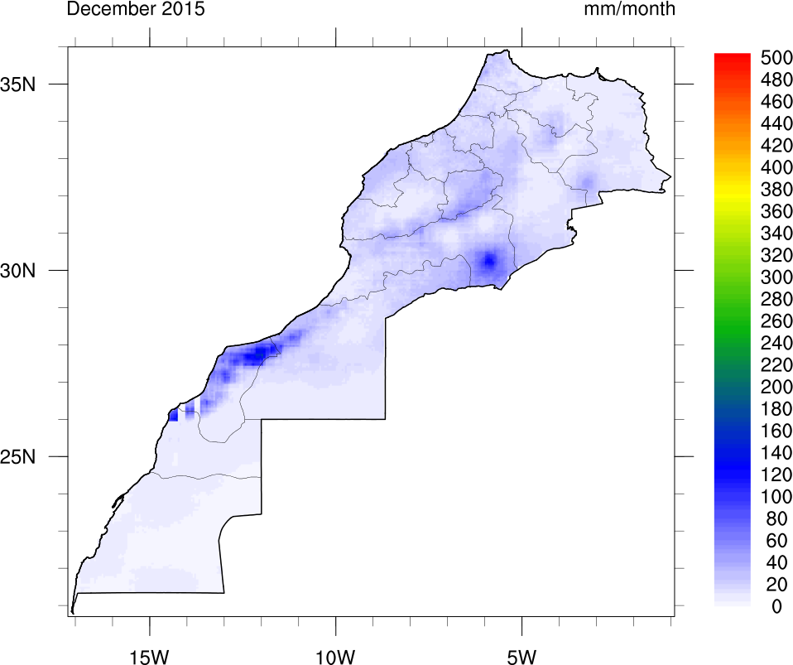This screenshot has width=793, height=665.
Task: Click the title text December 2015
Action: click(x=136, y=10)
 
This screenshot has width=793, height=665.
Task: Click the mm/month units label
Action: click(x=629, y=10)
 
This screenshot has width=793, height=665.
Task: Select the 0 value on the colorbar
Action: click(x=775, y=607)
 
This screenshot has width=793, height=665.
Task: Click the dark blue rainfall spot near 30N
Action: click(x=488, y=260)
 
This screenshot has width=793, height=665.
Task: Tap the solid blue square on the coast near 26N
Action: click(x=173, y=416)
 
